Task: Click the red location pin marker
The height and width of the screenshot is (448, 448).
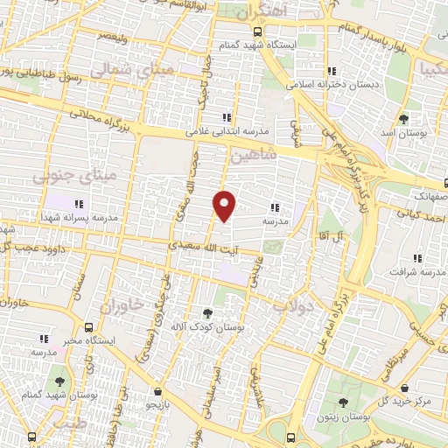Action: pyautogui.click(x=225, y=206)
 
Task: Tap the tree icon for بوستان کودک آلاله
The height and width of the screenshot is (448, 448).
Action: pyautogui.click(x=206, y=312)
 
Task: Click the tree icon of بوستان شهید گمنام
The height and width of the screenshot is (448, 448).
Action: pyautogui.click(x=59, y=381)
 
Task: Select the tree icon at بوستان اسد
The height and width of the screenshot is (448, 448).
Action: pyautogui.click(x=403, y=119)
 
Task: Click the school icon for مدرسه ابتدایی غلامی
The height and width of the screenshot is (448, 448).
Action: pyautogui.click(x=227, y=117)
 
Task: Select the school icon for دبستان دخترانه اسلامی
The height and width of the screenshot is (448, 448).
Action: pyautogui.click(x=330, y=71)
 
